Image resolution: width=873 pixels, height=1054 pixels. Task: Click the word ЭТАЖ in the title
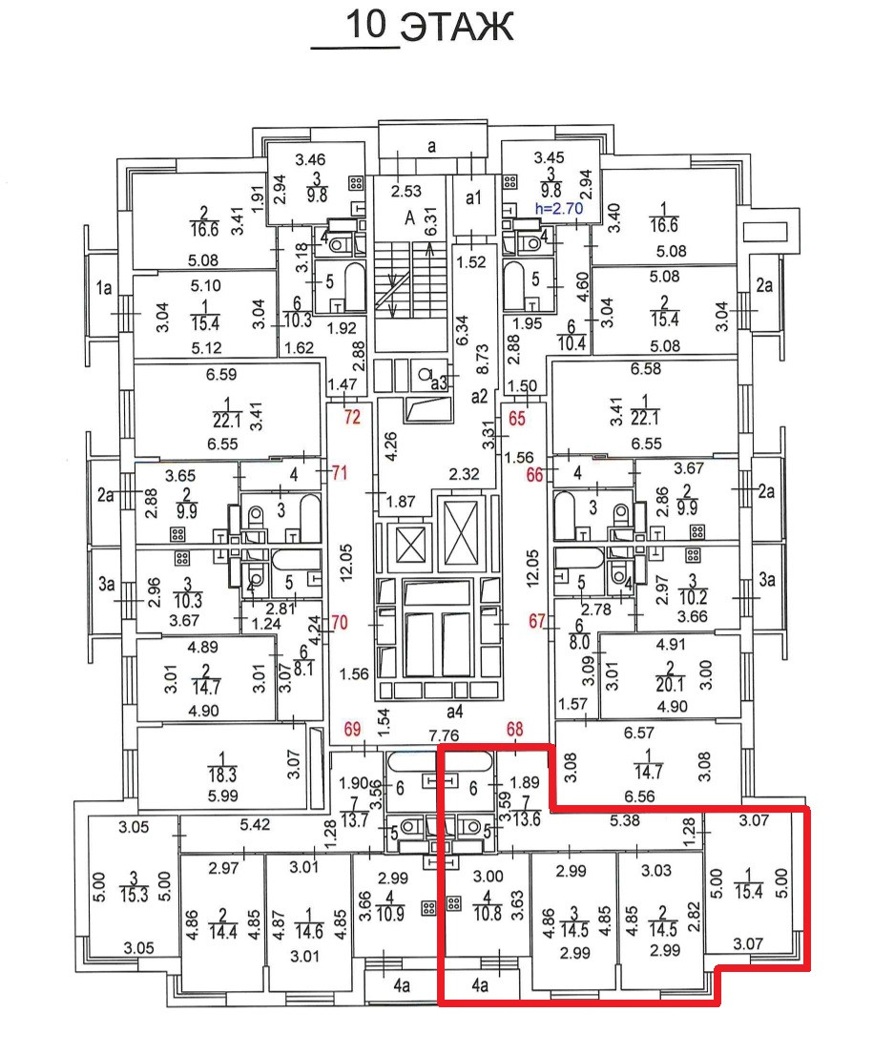click(x=456, y=28)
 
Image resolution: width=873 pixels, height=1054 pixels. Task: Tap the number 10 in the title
click(x=366, y=25)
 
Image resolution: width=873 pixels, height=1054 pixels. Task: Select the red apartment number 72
click(x=353, y=417)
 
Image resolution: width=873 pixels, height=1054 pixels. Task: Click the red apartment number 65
click(x=518, y=417)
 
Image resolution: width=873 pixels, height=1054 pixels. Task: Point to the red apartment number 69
click(x=353, y=732)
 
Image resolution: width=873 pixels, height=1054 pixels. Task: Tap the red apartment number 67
click(x=539, y=621)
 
